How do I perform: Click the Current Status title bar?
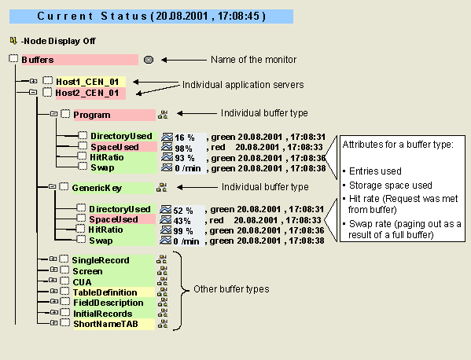click(151, 17)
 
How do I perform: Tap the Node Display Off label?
click(58, 41)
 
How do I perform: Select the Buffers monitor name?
click(38, 60)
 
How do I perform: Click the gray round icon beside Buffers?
click(149, 60)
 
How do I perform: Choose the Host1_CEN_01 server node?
click(87, 82)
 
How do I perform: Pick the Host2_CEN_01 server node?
click(87, 93)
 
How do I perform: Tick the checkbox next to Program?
click(65, 114)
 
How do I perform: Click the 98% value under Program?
click(183, 149)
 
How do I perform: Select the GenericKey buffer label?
click(97, 188)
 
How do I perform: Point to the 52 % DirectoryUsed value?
click(183, 211)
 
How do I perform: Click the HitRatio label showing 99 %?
click(105, 230)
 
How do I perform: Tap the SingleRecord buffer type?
click(101, 260)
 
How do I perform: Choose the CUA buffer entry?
click(82, 282)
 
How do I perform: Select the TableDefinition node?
click(105, 292)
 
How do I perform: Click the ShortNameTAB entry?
click(105, 324)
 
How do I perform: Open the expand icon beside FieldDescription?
click(53, 301)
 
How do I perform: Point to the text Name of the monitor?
click(253, 60)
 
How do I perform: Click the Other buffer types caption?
click(231, 289)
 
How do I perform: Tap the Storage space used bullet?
click(391, 186)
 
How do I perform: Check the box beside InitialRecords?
click(65, 313)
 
